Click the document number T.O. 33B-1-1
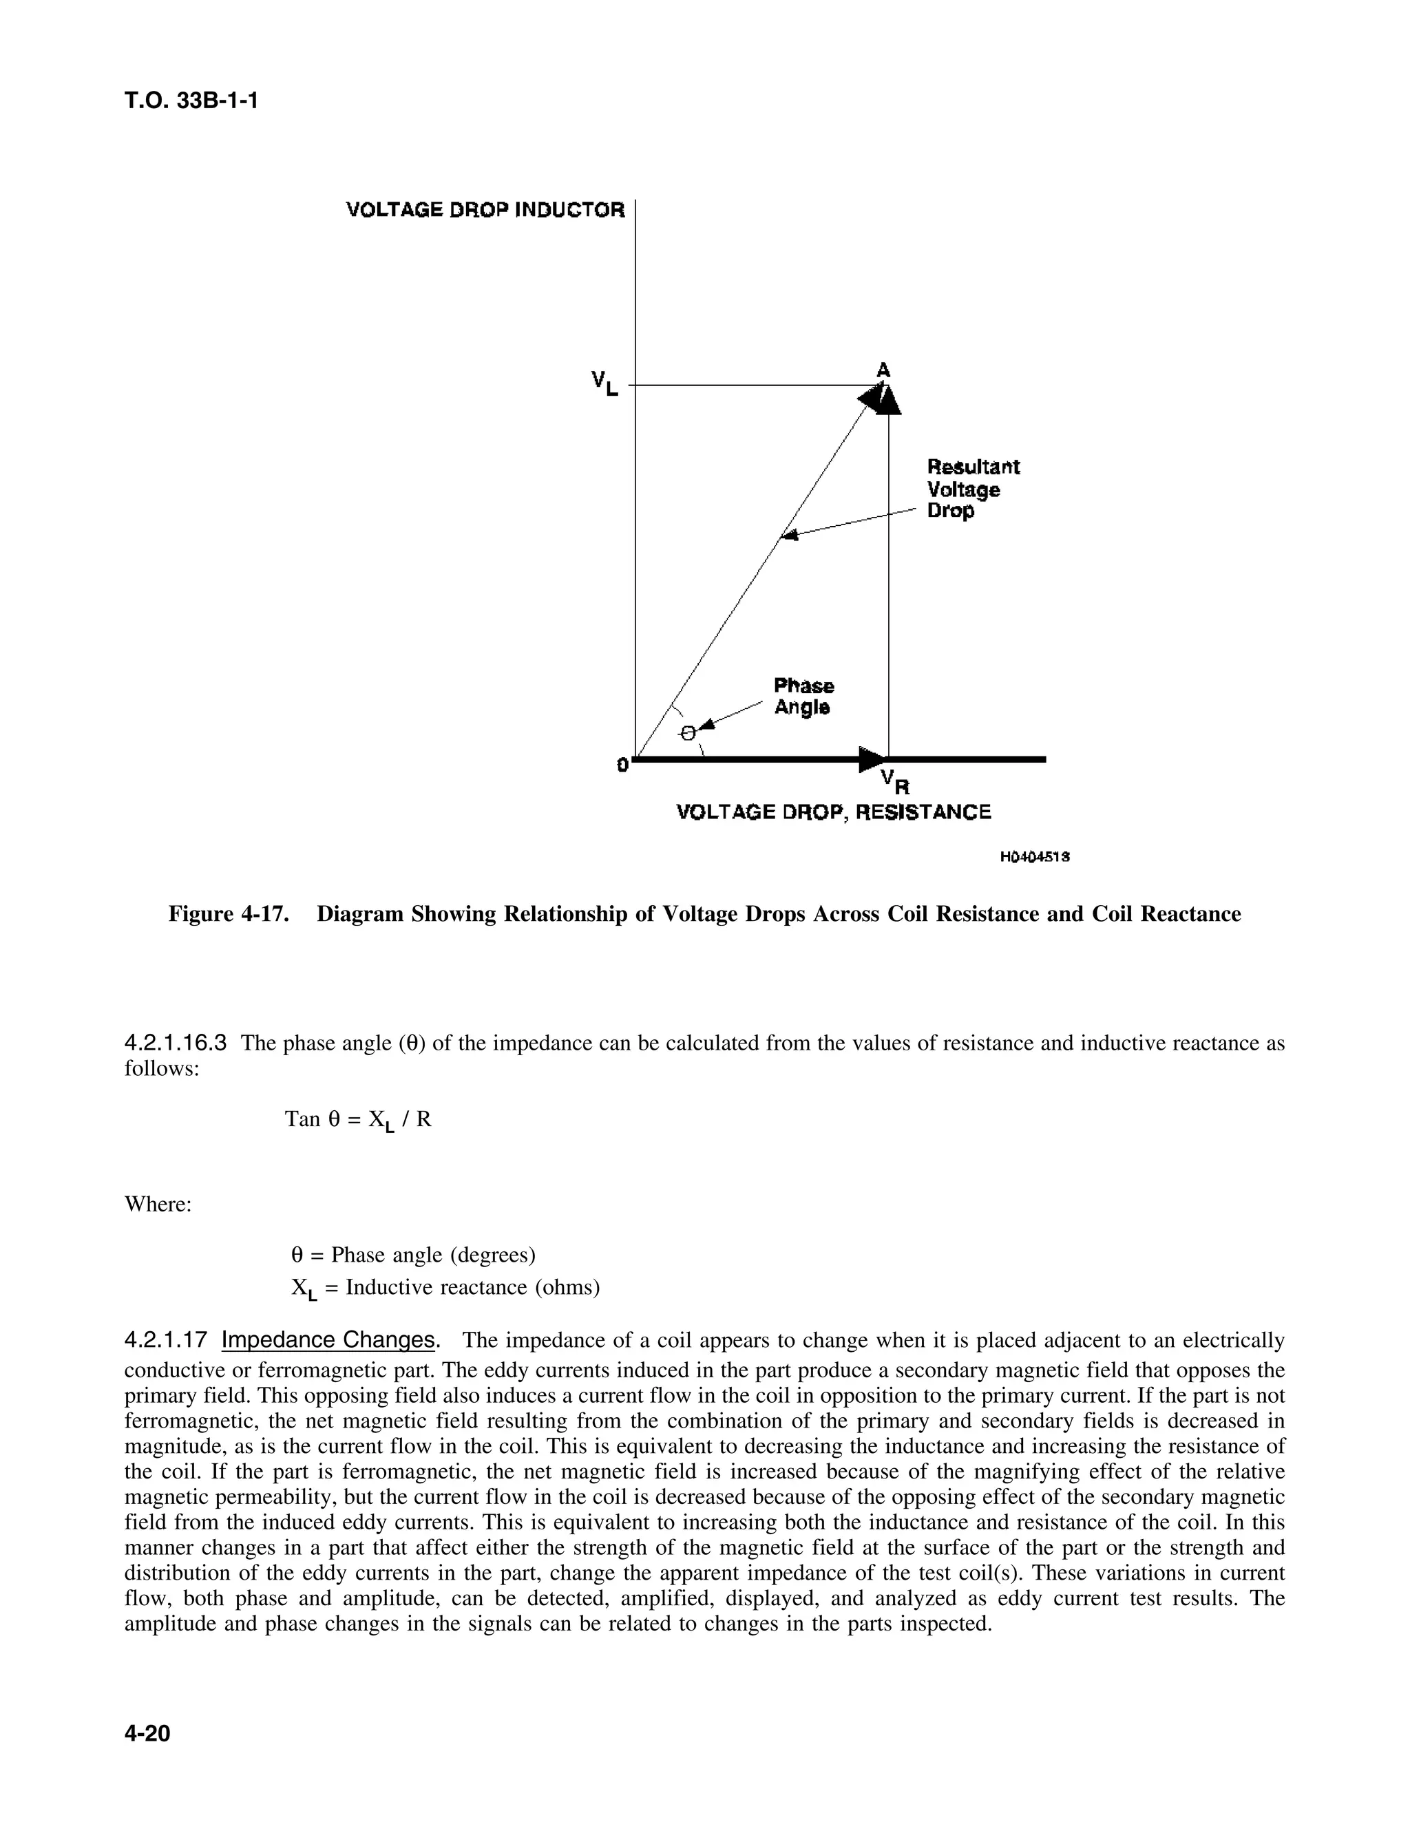click(191, 101)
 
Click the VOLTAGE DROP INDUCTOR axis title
click(485, 210)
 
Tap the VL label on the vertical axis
click(604, 383)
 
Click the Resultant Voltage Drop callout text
click(972, 489)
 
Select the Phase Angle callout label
click(803, 697)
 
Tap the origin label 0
click(622, 764)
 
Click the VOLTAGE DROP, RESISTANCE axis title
click(833, 812)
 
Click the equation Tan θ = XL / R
click(357, 1120)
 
